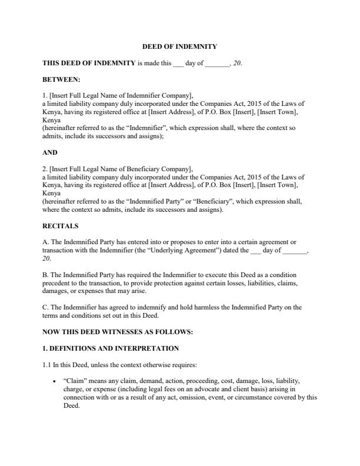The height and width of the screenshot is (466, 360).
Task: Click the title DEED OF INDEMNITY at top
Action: (180, 46)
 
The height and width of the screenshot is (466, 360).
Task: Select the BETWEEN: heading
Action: (62, 78)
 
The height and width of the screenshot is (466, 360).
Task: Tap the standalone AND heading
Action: (50, 152)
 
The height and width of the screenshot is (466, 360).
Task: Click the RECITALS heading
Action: (61, 226)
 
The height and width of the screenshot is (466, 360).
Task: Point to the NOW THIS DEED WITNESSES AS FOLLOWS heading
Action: (118, 332)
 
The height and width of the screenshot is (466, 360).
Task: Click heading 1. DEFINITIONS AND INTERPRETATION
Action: (111, 349)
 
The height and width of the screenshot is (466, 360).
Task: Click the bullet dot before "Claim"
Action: (54, 381)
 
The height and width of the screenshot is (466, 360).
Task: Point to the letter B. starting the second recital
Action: (46, 275)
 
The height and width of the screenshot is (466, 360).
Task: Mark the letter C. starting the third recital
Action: (46, 307)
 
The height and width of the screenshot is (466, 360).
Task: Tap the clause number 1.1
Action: (46, 365)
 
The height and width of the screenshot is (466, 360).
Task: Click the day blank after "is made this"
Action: (178, 63)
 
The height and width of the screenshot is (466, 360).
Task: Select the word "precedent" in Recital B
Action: (57, 283)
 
